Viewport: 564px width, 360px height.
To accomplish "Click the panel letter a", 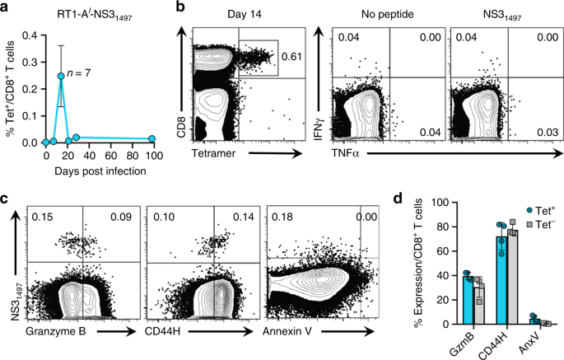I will [7, 8].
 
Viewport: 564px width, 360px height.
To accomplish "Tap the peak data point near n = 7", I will [61, 76].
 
